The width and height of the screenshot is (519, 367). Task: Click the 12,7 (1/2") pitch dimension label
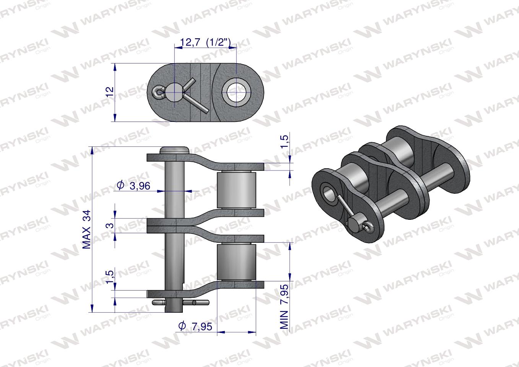click(206, 42)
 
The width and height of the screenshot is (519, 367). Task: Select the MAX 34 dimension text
click(87, 229)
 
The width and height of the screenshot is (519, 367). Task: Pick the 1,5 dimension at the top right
click(284, 141)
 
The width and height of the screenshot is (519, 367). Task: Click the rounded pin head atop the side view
click(174, 150)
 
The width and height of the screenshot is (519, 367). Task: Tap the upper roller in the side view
click(236, 190)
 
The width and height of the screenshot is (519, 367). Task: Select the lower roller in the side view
click(236, 263)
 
